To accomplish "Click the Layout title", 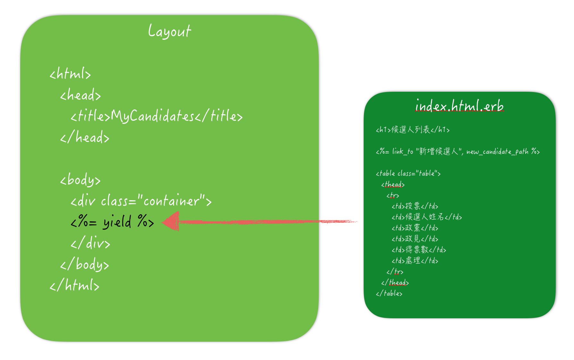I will click(169, 31).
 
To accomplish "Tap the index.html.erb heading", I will click(459, 106).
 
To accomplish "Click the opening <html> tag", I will click(70, 74).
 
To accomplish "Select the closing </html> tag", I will click(74, 285).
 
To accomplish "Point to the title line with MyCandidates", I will click(156, 116).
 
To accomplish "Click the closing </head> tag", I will click(85, 137).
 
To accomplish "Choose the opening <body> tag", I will click(80, 180).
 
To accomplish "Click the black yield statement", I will click(112, 222).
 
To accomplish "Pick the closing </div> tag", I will click(90, 243).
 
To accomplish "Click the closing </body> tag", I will click(85, 264).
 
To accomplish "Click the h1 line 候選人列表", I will click(413, 130).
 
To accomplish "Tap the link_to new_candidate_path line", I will click(458, 151).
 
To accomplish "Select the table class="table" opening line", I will click(408, 174).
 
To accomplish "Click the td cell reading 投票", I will click(415, 206).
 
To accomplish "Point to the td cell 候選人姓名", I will click(426, 217).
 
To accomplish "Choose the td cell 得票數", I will click(419, 250).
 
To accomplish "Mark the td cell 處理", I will click(415, 261).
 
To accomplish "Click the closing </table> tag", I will click(389, 293).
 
